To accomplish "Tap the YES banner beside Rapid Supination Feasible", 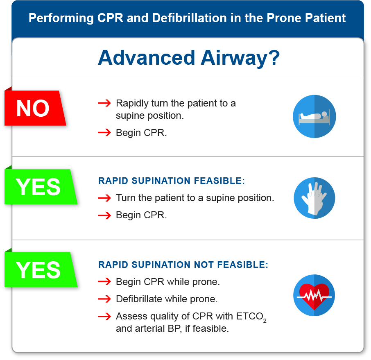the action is coord(40,186).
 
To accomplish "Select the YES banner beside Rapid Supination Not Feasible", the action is coord(40,269).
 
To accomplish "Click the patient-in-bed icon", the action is coord(314,116).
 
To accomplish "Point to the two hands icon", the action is coord(314,198).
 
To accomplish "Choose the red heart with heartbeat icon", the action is coord(314,295).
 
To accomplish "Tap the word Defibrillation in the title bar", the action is coord(189,18).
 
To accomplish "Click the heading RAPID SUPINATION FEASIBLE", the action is coord(172,181).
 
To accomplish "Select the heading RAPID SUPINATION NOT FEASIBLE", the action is coord(183,265).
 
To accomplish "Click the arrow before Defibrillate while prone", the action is coord(104,299).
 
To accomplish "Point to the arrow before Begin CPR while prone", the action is coord(104,282).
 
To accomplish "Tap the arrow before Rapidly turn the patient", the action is coord(104,103).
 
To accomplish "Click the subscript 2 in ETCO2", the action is coord(265,321).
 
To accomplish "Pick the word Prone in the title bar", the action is coord(284,18).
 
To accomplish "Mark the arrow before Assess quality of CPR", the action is coord(104,316).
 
